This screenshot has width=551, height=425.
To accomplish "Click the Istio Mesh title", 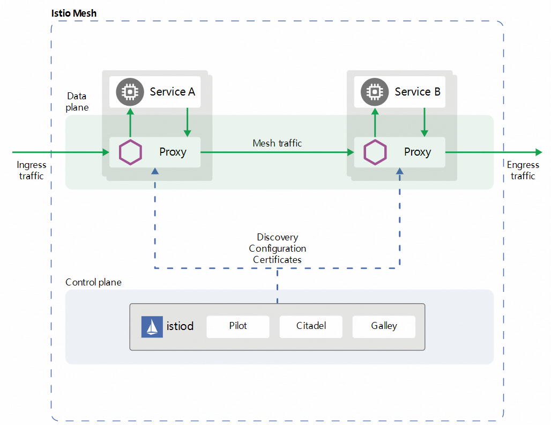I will coord(74,13).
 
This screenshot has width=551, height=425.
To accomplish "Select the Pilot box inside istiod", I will coord(238,326).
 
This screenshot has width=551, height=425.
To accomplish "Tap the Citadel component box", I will coord(311,326).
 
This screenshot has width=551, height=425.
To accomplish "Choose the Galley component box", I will coord(384,326).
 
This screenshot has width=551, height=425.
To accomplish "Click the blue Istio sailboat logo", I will coord(152,327).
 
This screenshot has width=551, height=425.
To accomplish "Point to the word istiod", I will coord(180,326).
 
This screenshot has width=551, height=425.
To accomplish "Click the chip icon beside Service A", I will coord(129,92).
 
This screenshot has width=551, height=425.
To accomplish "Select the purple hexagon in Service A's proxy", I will coord(130,152).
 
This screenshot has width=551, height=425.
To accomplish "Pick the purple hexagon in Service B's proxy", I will coord(375,152).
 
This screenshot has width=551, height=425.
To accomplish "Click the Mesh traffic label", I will coord(277,143).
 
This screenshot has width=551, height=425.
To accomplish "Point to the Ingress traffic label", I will coord(32,170).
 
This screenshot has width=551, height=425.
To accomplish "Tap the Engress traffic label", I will coord(523,170).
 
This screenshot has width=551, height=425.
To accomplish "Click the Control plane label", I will coord(93,282).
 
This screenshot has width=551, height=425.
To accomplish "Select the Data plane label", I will coord(77,101).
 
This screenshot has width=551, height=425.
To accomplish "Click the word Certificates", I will coord(277,260).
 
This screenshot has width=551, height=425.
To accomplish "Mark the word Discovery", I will coord(277,237).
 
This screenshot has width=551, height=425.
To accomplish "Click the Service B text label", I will coord(418,92).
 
